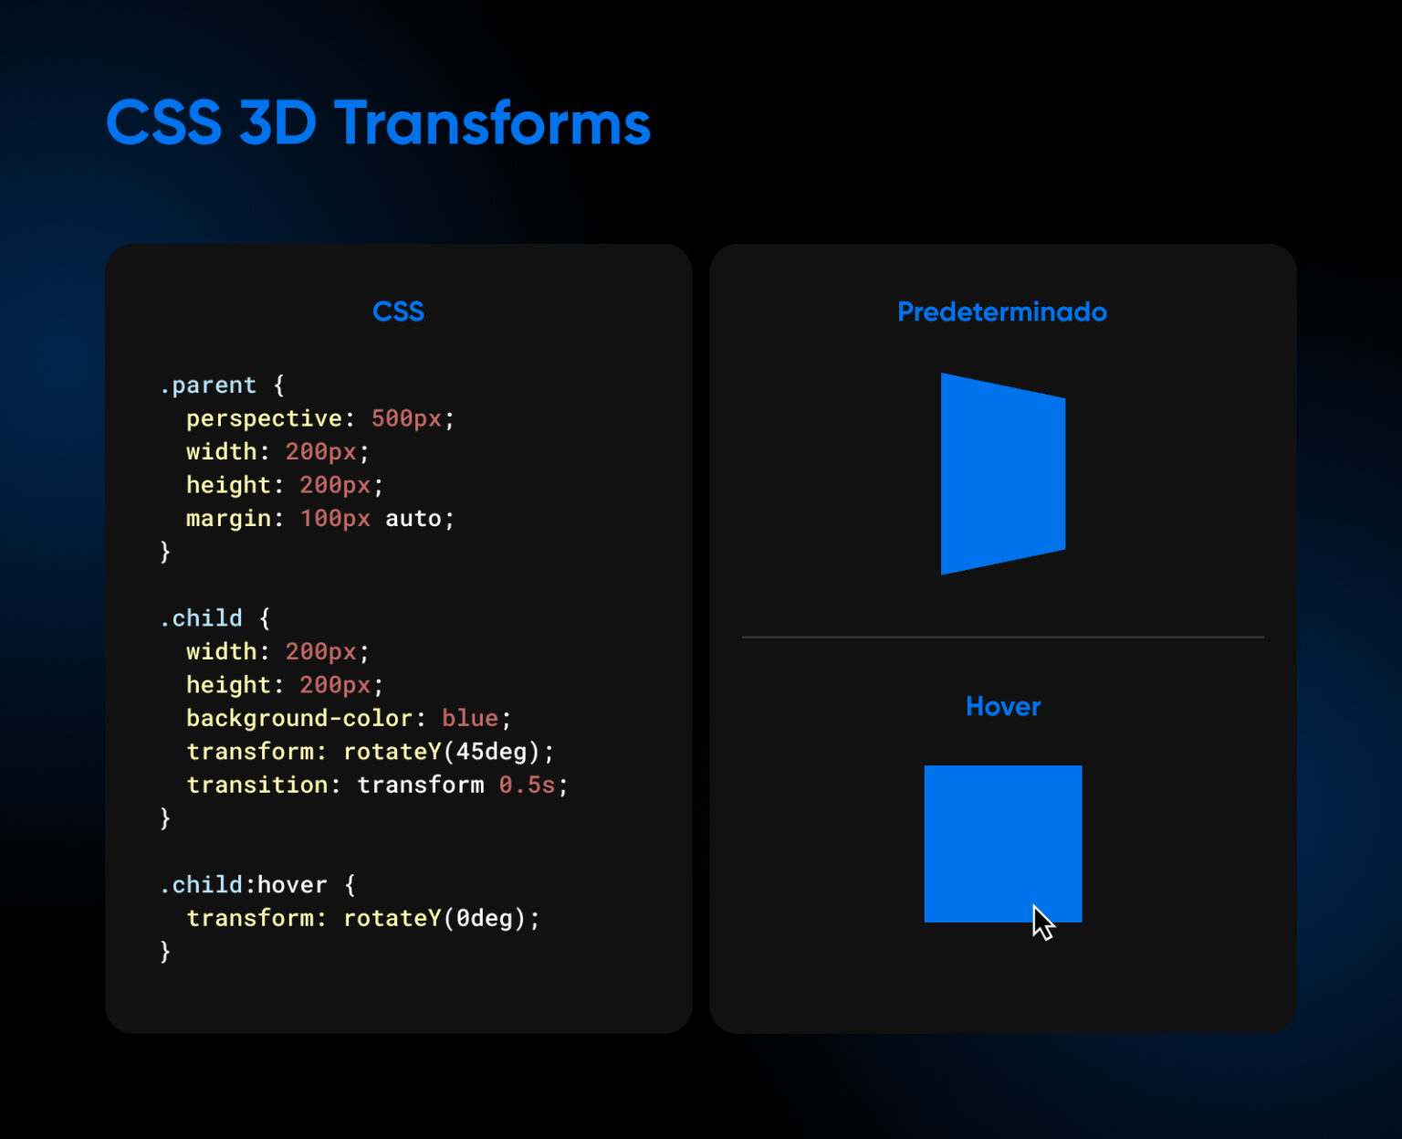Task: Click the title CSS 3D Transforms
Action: click(x=378, y=122)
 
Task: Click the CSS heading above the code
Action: click(x=398, y=311)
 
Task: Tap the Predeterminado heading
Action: click(x=1001, y=311)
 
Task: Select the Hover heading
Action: click(x=1002, y=706)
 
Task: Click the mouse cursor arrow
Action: click(x=1042, y=922)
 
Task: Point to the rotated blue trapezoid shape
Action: click(x=1001, y=473)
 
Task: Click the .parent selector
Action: click(x=208, y=385)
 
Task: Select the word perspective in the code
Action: click(x=264, y=418)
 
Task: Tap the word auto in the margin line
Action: click(x=413, y=519)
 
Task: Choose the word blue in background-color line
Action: click(x=469, y=718)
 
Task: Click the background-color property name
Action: click(x=299, y=718)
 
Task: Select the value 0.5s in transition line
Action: click(x=527, y=785)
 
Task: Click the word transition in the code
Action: click(x=256, y=785)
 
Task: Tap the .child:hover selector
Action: click(x=243, y=884)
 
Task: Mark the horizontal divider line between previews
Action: click(x=1002, y=637)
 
